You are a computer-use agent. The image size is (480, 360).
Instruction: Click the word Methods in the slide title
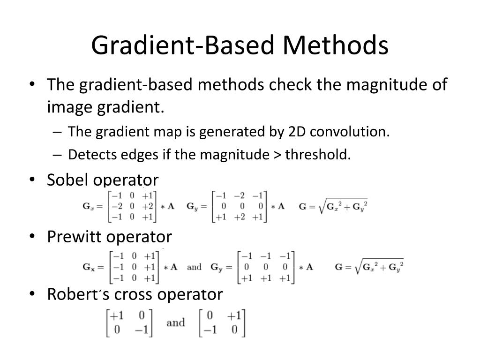coord(335,45)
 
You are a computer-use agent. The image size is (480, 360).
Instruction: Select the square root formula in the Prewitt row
coord(369,267)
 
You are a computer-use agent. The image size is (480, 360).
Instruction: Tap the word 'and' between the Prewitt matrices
coord(194,267)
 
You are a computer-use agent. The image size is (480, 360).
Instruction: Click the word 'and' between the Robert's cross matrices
coord(176,322)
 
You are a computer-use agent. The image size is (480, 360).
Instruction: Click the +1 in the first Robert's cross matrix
coord(117,315)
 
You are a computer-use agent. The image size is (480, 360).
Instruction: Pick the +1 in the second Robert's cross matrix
coord(234,315)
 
